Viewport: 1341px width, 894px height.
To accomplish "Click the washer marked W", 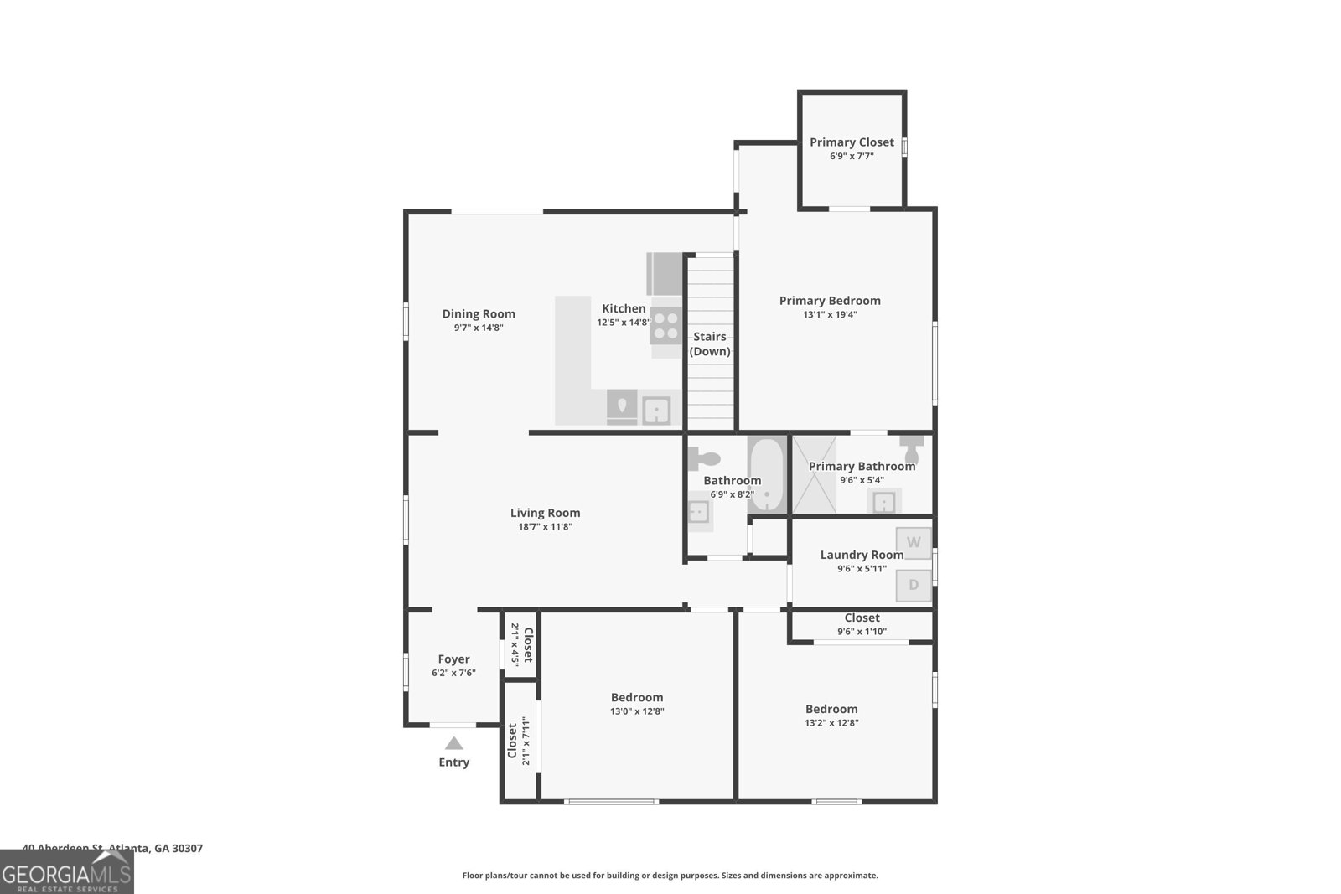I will tap(914, 543).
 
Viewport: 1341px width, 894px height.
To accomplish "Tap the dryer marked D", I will tap(914, 585).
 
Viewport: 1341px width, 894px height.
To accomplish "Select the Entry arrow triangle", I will tap(453, 743).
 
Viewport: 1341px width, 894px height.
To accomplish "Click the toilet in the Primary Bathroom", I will tap(911, 447).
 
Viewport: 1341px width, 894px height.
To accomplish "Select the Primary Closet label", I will tap(852, 142).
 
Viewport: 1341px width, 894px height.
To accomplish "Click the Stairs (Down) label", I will tap(710, 344).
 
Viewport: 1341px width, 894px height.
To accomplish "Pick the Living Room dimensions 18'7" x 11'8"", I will tap(545, 527).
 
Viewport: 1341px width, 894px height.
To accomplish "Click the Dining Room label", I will tap(479, 314).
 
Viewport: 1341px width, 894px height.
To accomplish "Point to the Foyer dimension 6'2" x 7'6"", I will tap(453, 673).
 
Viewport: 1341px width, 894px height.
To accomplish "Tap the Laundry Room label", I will tap(862, 555).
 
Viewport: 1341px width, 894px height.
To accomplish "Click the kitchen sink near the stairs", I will tap(656, 411).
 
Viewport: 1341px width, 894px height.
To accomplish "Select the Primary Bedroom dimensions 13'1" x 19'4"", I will tap(830, 315).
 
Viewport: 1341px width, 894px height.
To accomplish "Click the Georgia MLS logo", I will tap(67, 873).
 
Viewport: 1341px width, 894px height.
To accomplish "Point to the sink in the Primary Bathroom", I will tap(884, 502).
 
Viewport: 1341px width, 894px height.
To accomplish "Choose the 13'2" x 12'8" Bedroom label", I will tap(831, 709).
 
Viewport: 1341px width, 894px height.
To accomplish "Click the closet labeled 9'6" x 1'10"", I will tap(862, 624).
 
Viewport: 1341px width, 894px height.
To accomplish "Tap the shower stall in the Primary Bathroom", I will tap(814, 475).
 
